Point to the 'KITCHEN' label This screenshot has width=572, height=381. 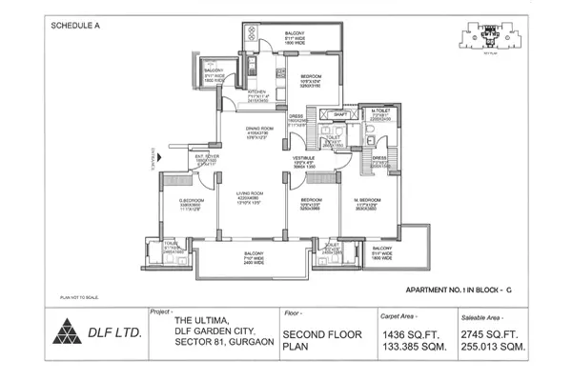pyautogui.click(x=232, y=92)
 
